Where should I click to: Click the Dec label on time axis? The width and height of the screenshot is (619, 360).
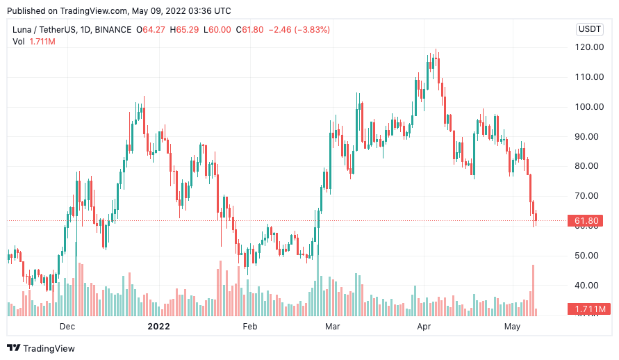click(67, 326)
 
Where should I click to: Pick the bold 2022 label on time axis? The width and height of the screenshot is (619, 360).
click(158, 326)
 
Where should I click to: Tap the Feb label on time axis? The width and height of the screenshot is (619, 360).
click(249, 326)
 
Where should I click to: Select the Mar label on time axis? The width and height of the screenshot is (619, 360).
click(333, 326)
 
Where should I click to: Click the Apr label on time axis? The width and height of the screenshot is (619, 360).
click(424, 326)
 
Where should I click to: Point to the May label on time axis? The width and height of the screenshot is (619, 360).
click(513, 326)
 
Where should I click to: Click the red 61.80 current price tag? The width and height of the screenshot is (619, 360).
click(587, 221)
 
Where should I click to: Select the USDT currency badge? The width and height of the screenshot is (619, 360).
click(590, 29)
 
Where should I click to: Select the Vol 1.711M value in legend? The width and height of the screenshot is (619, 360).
click(42, 42)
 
